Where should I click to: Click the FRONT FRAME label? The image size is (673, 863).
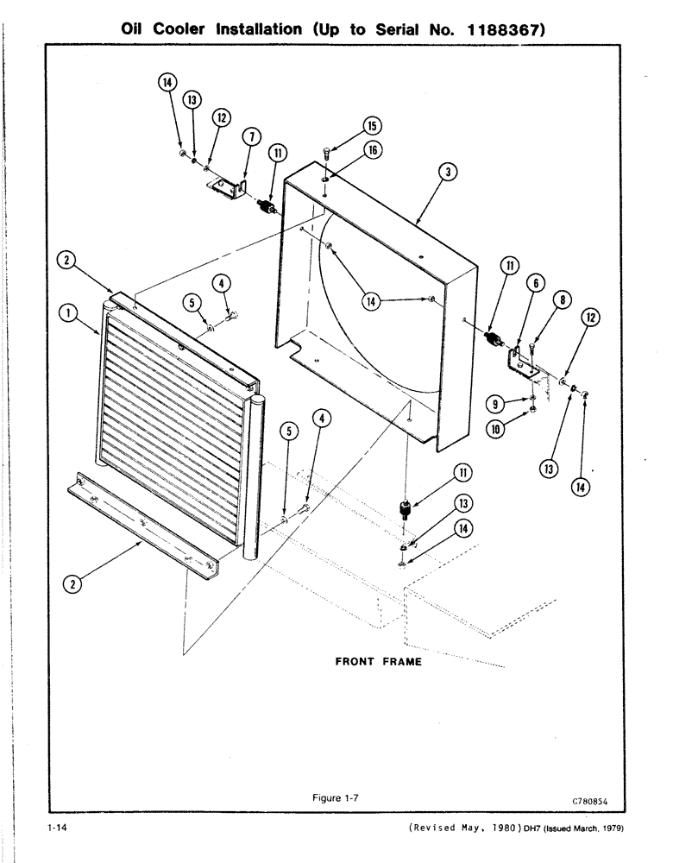378,662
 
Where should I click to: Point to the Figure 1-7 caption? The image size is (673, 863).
335,798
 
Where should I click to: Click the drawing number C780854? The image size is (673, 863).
589,801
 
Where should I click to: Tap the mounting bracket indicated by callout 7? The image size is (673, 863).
231,187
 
